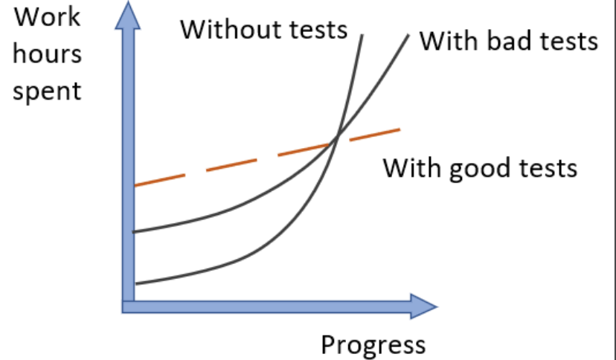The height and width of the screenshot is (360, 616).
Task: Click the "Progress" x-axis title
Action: (373, 344)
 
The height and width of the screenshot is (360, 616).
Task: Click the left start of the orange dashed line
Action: (135, 184)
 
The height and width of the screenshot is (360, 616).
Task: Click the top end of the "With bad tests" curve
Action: (409, 34)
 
